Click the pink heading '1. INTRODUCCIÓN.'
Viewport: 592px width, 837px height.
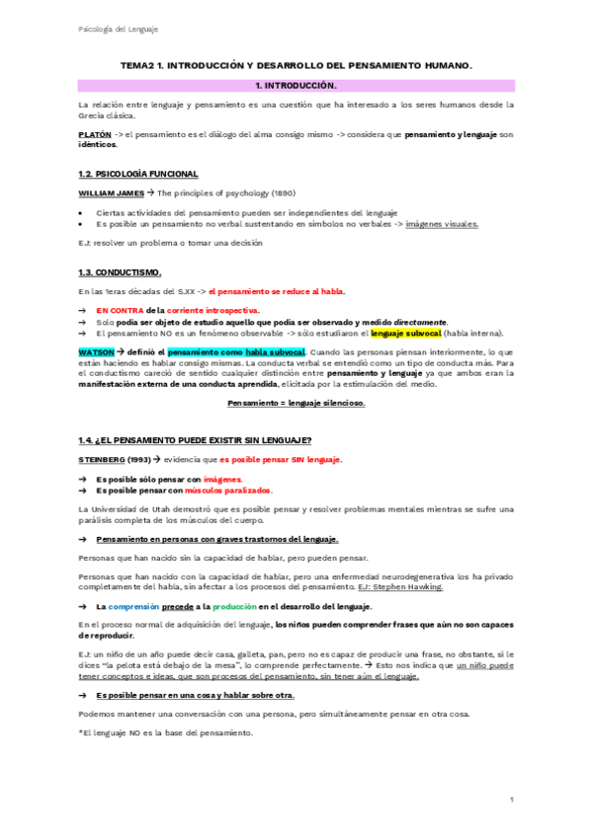(296, 85)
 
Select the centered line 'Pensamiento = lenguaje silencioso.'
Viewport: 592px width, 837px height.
(296, 403)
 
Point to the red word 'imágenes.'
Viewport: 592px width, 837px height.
(236, 477)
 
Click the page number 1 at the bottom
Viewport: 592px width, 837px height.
(512, 799)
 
